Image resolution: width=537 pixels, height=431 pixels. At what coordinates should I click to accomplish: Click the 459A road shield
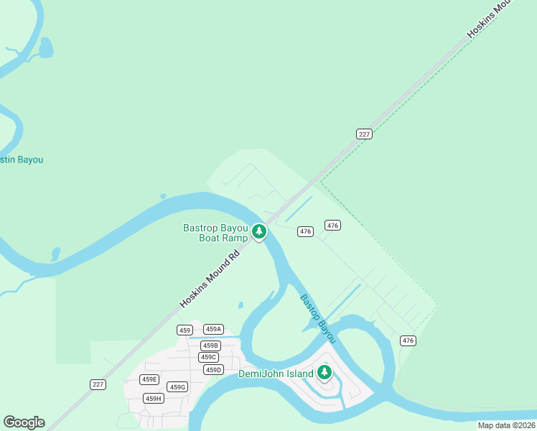point(213,329)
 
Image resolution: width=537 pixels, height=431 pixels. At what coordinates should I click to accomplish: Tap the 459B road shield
point(210,346)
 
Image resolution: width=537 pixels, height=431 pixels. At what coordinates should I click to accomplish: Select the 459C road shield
point(208,357)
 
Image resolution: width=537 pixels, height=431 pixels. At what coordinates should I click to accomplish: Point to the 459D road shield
point(213,370)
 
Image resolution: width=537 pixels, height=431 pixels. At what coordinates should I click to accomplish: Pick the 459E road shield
point(149,379)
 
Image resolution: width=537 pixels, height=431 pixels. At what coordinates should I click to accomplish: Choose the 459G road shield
point(177,387)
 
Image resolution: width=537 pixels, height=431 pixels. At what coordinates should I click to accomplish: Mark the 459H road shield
point(153,399)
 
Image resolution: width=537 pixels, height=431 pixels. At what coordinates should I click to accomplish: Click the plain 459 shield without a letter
point(185,330)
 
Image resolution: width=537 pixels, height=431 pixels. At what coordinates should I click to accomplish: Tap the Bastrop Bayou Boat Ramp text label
point(215,233)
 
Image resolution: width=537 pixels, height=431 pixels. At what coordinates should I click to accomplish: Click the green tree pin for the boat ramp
point(259,232)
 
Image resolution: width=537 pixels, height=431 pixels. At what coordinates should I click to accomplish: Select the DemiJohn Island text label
point(276,374)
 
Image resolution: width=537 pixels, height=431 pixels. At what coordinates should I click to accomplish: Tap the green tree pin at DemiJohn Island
point(324,372)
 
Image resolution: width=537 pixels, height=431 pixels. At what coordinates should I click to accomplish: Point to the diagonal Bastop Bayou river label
point(318,318)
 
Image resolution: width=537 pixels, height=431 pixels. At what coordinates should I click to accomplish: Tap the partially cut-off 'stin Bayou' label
point(22,159)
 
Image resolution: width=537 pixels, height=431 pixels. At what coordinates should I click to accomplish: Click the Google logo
point(24,422)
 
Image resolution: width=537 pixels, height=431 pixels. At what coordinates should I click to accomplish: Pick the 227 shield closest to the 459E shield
point(98,384)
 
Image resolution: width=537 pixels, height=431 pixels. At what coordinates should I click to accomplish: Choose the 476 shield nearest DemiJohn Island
point(408,340)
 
